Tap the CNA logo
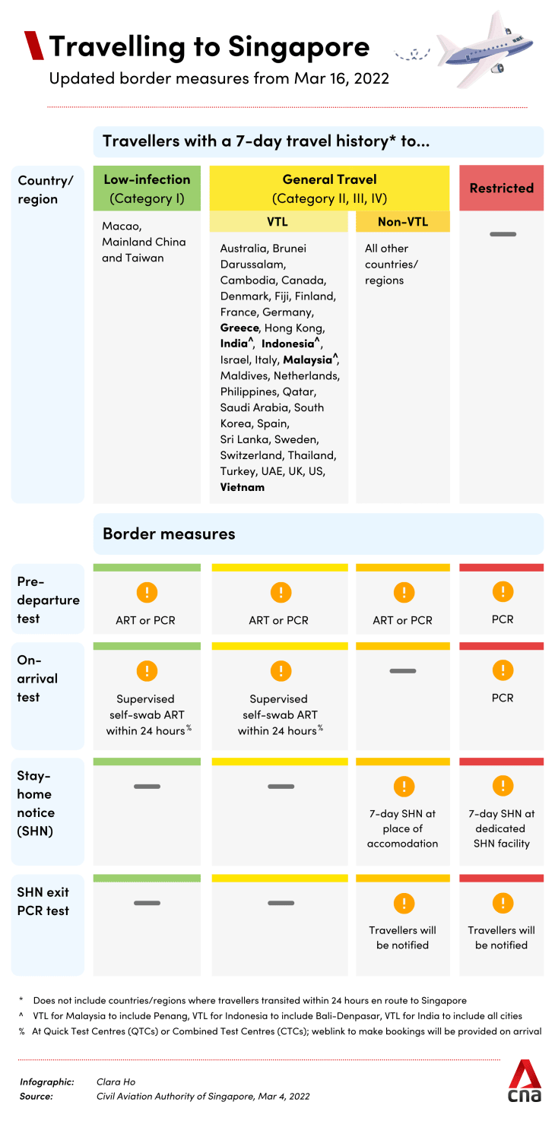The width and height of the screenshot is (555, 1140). (x=525, y=1081)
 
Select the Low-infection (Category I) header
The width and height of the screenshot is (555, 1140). (x=147, y=189)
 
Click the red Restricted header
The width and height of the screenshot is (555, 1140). (x=501, y=188)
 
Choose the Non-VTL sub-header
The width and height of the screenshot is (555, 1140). (x=403, y=222)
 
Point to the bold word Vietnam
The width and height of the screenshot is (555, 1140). (x=243, y=487)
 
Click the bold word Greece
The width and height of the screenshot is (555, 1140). (x=239, y=328)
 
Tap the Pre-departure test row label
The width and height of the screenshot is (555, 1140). (x=48, y=600)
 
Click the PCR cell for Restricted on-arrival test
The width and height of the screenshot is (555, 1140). (x=502, y=698)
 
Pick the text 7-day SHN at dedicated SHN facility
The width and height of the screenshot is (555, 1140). (x=502, y=828)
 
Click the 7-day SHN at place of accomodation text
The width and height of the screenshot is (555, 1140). (x=403, y=828)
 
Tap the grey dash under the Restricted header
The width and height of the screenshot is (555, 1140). (x=503, y=234)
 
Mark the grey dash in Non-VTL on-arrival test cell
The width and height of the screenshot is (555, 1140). (x=403, y=671)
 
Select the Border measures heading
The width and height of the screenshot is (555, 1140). (x=169, y=534)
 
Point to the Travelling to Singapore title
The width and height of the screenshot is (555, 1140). (x=209, y=47)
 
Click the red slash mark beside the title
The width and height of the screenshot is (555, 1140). (x=34, y=46)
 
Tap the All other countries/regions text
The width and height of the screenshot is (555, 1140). (x=391, y=264)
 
